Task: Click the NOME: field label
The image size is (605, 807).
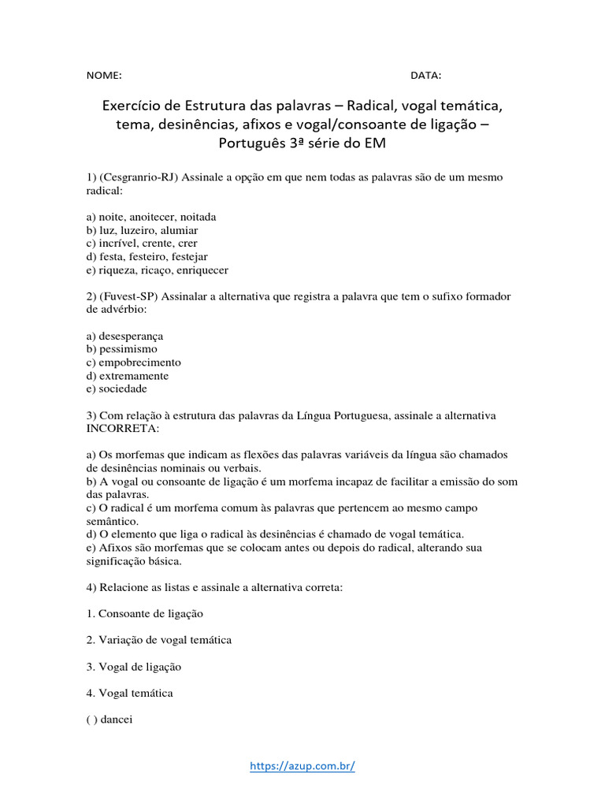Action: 104,76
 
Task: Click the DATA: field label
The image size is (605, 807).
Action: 425,76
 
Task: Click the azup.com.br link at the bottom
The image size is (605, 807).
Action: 302,765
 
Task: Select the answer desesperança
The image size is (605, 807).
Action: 131,336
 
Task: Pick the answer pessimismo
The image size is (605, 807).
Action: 128,349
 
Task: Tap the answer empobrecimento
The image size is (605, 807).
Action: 139,363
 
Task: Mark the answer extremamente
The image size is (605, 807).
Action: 134,376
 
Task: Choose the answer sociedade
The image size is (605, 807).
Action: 123,389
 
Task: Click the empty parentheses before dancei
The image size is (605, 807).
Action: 91,720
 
